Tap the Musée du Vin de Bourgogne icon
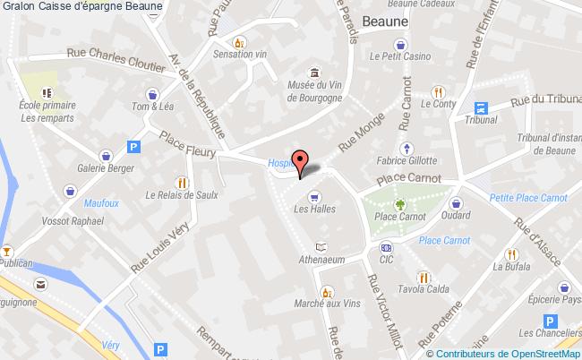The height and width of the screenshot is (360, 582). pos(314,73)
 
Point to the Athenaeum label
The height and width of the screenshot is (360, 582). pos(321,261)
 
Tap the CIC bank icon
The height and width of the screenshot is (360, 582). pos(386,248)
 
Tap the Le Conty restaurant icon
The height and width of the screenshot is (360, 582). pos(438,90)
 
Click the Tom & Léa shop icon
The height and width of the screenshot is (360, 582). pos(153,93)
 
